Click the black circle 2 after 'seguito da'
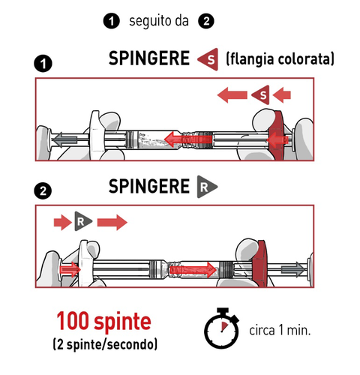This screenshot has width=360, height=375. [x=205, y=22]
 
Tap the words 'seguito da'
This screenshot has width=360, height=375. [x=158, y=22]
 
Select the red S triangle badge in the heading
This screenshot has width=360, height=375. [x=208, y=58]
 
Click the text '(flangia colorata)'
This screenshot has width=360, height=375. [x=279, y=58]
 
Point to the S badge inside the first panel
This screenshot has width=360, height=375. [x=260, y=94]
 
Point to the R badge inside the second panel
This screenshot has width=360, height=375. [x=81, y=222]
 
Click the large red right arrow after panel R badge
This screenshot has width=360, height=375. [x=112, y=222]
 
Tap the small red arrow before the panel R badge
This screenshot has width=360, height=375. [x=60, y=222]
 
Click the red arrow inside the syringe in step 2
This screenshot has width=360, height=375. [x=199, y=268]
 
